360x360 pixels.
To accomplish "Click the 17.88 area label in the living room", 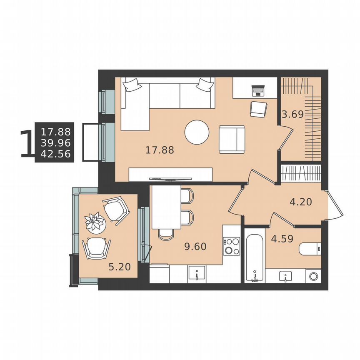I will point(160,150).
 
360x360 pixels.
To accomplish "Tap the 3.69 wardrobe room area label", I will point(292,114).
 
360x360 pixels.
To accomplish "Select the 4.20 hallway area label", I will point(301,202).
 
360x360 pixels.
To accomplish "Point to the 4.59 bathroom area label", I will point(282,239).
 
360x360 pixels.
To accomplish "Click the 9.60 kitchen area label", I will point(195,246).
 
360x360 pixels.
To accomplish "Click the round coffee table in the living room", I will point(197,132).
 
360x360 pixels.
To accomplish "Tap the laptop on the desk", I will point(258,90).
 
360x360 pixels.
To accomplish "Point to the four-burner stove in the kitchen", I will point(231,246).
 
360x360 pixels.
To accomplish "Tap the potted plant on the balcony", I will point(95,221).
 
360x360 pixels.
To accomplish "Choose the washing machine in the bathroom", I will point(313,276).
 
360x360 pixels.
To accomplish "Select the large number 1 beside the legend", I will point(27,144).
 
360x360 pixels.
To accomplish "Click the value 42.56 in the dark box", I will point(55,154).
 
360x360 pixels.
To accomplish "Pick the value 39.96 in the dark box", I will point(55,143).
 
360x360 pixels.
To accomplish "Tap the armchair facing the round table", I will point(232,139).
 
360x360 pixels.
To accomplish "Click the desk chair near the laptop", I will point(259,110).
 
